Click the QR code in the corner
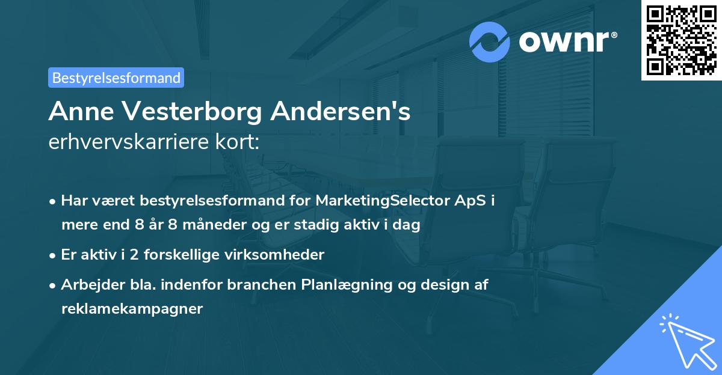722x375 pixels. (681, 40)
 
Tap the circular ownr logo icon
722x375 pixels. (490, 42)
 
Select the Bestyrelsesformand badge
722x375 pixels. (116, 78)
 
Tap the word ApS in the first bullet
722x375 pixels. (469, 201)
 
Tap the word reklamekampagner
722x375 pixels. (132, 309)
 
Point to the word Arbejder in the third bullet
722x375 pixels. (88, 285)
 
